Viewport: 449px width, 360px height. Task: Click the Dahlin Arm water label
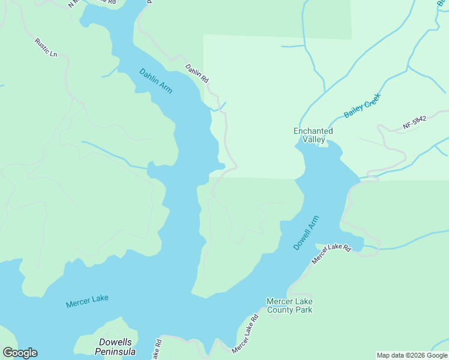tap(156, 81)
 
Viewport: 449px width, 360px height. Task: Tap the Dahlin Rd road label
tap(196, 73)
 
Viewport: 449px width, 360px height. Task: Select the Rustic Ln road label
tap(46, 48)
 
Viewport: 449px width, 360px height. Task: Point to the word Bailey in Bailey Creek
tap(354, 110)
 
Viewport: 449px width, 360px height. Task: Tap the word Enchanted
tap(313, 131)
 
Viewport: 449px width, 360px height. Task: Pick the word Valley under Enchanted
tap(313, 140)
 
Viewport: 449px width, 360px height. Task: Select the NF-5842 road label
tap(414, 123)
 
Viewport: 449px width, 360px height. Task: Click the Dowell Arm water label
tap(306, 233)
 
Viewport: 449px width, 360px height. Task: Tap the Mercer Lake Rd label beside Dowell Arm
tap(331, 254)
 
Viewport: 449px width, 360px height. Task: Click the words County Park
tap(289, 310)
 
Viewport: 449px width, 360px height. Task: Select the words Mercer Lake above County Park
tap(289, 301)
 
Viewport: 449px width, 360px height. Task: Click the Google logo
tap(20, 353)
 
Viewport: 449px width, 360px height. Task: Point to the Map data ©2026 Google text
tap(412, 355)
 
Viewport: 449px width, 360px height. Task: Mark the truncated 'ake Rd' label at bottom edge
tap(157, 350)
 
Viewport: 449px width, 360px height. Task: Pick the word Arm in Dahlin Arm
tap(165, 88)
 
